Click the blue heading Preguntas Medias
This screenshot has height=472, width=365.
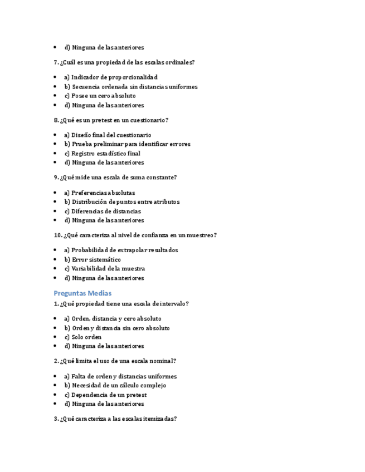[x=82, y=293]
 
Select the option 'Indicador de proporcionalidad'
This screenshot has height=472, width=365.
[x=111, y=77]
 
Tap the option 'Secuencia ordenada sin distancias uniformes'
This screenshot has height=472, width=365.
[x=130, y=87]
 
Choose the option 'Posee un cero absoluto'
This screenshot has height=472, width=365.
[x=100, y=96]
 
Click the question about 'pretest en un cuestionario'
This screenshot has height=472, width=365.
[x=111, y=120]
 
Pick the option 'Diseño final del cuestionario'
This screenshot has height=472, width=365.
[x=108, y=135]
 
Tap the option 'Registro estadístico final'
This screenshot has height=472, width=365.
[x=102, y=154]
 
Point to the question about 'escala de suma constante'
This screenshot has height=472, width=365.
[x=115, y=178]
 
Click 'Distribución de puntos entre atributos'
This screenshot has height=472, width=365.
[x=121, y=202]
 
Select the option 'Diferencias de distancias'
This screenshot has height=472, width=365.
[x=103, y=212]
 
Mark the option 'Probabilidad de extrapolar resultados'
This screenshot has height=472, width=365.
[x=121, y=250]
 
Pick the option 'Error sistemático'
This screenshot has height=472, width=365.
[x=92, y=259]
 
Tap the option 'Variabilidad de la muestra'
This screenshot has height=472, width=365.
[x=104, y=269]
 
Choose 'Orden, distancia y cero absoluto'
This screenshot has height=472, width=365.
[x=113, y=319]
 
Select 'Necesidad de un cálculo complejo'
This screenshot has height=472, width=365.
[x=115, y=385]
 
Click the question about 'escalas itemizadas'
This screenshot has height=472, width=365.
[x=115, y=419]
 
